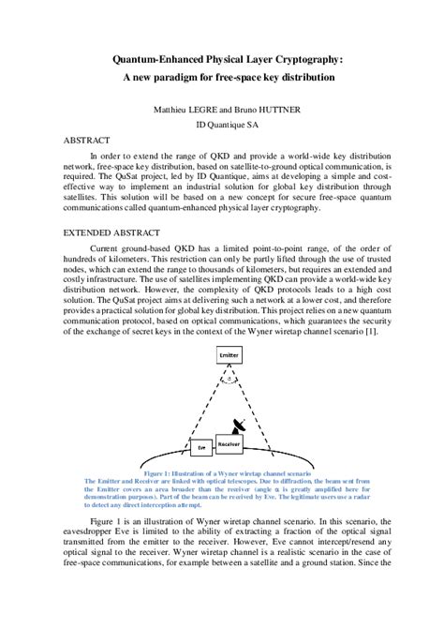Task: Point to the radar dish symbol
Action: click(243, 424)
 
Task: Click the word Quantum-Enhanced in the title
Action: click(163, 59)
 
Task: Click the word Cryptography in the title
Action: click(303, 59)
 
